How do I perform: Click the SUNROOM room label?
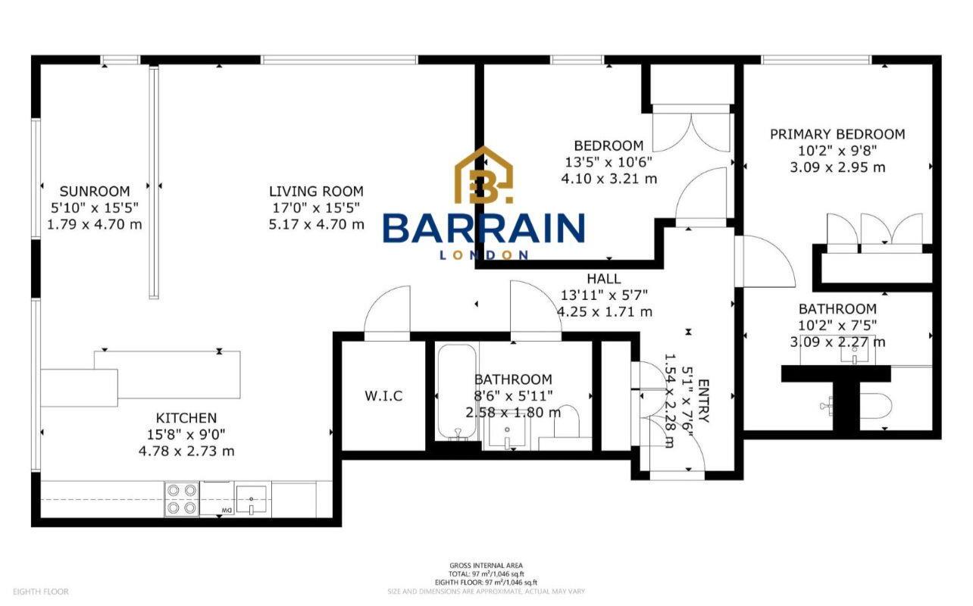(x=95, y=191)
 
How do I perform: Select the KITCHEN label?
(x=186, y=417)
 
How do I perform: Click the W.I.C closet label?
(x=383, y=395)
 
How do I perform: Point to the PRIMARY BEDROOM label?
(x=837, y=134)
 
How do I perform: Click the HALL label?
(x=603, y=278)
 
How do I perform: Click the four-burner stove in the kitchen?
(x=182, y=499)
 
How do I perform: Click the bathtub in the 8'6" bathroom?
(x=456, y=392)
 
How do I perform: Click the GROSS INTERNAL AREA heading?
(x=486, y=566)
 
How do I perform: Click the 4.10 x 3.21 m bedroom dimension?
(x=609, y=179)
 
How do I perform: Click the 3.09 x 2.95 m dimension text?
(x=837, y=167)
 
